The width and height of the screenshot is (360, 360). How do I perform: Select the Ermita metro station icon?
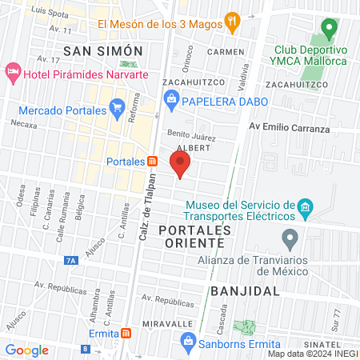(126, 333)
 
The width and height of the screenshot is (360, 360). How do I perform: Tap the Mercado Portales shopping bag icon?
(117, 110)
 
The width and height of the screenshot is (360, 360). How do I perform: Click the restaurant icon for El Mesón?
(232, 22)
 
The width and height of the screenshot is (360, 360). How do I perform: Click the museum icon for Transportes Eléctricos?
(304, 209)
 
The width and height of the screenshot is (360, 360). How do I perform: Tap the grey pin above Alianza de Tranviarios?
(290, 238)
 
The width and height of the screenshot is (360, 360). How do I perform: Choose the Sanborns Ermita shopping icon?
(188, 343)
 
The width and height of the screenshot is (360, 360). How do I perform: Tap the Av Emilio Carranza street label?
(289, 127)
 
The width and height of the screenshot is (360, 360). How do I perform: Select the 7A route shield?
(71, 260)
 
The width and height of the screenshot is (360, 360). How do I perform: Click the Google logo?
(26, 350)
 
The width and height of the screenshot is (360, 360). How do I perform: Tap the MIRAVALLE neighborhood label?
(168, 322)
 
